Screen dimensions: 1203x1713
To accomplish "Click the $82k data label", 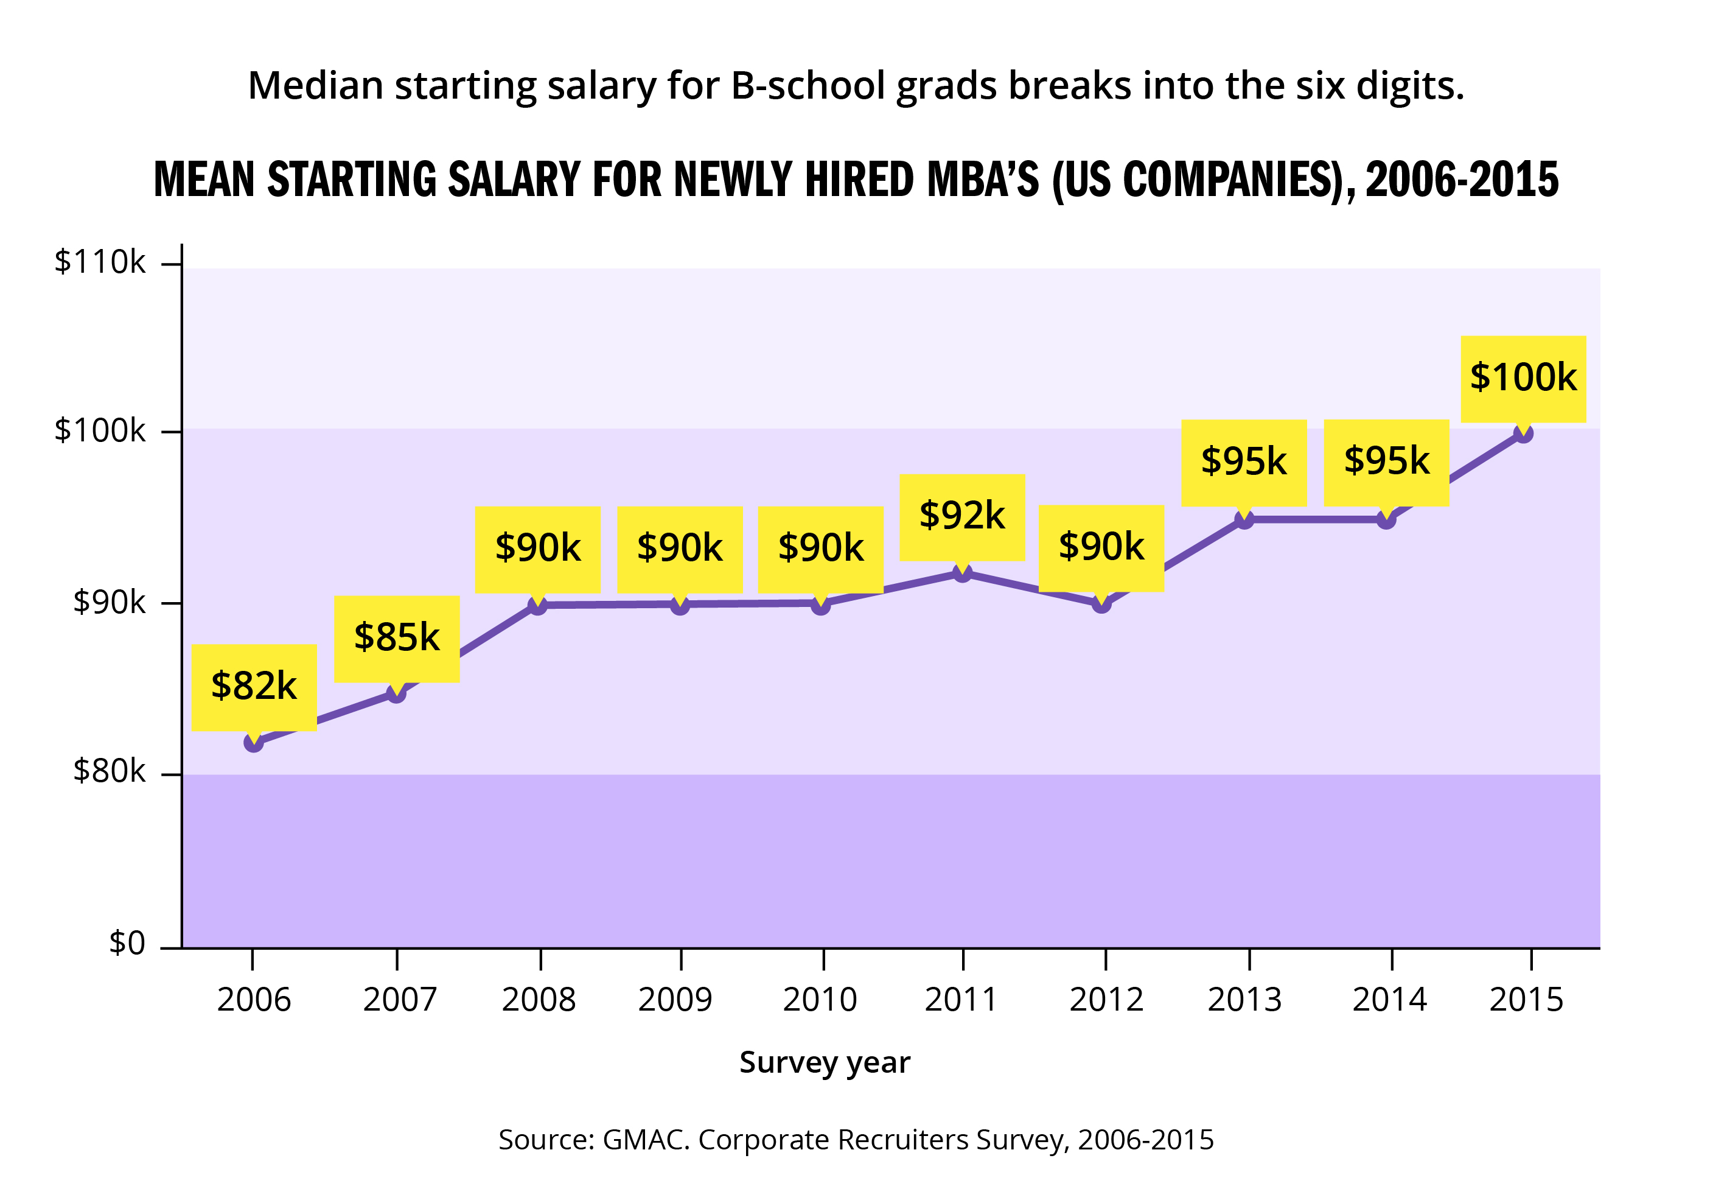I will [x=254, y=687].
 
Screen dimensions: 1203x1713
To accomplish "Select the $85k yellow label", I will [x=396, y=638].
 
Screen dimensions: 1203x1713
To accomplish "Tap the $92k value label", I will [x=961, y=516].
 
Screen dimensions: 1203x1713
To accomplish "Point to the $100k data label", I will [x=1523, y=378].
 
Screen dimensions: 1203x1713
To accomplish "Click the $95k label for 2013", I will [x=1243, y=462].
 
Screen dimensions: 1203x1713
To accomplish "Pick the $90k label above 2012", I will [x=1101, y=548].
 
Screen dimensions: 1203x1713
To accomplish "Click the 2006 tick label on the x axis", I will [x=254, y=1000].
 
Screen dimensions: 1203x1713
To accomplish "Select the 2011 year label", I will [x=961, y=1000].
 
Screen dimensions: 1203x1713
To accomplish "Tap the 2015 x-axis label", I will [x=1526, y=1000].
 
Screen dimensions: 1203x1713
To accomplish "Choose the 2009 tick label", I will [x=675, y=1000].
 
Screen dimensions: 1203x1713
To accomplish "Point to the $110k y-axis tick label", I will [x=100, y=262].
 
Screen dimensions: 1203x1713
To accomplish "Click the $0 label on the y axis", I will [x=127, y=944].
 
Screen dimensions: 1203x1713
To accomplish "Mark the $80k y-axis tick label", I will [x=109, y=771].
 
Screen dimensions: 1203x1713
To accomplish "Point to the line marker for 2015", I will [x=1523, y=433].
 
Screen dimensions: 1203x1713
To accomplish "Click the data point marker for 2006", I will [x=254, y=743].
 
